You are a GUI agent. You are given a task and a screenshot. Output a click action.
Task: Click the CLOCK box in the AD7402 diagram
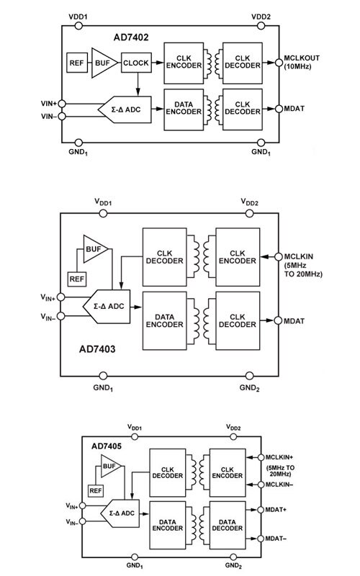coord(136,63)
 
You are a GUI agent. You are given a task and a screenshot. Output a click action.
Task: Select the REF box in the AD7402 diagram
coord(76,63)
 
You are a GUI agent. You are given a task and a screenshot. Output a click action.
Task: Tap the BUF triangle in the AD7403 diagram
coord(94,249)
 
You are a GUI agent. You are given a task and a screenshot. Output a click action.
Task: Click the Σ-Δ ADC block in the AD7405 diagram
coord(120,513)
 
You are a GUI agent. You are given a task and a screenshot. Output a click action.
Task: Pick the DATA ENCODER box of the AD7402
coord(184,109)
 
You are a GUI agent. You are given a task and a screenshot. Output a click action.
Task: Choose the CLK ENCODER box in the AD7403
coord(238,257)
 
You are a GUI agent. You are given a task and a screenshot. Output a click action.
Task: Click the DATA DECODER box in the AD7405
coord(227,525)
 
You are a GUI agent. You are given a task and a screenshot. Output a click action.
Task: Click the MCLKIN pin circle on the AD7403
coord(279,257)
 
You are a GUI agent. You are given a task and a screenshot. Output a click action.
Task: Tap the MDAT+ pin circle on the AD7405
coord(261,510)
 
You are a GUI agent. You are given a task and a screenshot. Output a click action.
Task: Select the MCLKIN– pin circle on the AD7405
coord(261,485)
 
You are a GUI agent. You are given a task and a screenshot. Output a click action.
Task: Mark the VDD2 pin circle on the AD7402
coord(261,25)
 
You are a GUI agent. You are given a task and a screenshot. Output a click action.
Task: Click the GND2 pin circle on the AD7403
coord(249,376)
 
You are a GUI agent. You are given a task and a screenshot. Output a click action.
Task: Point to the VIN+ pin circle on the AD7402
coord(62,104)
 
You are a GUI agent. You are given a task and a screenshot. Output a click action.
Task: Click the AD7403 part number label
coord(97,348)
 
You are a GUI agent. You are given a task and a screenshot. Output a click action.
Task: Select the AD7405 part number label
coord(107,446)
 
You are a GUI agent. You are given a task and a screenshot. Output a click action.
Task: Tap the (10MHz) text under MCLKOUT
coord(297,67)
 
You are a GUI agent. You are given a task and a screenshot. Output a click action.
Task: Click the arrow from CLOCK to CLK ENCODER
coord(157,63)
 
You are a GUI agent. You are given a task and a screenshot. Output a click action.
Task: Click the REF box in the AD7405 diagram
coord(96,490)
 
